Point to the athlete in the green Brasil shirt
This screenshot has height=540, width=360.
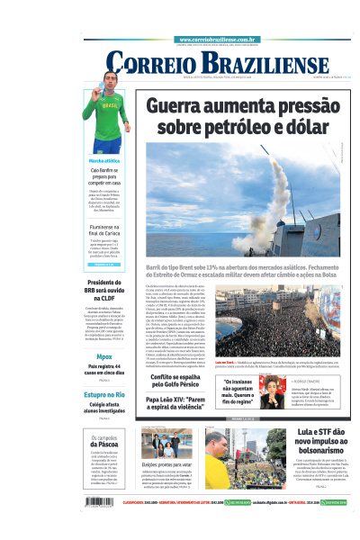(x=106, y=117)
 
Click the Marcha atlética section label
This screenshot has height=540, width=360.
(x=105, y=160)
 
